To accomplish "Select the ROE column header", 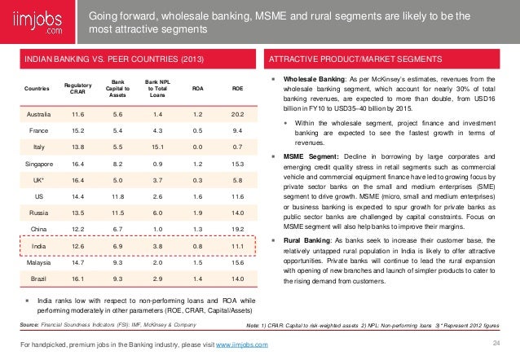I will coord(237,89).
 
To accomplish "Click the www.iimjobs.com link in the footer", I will coord(245,347).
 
